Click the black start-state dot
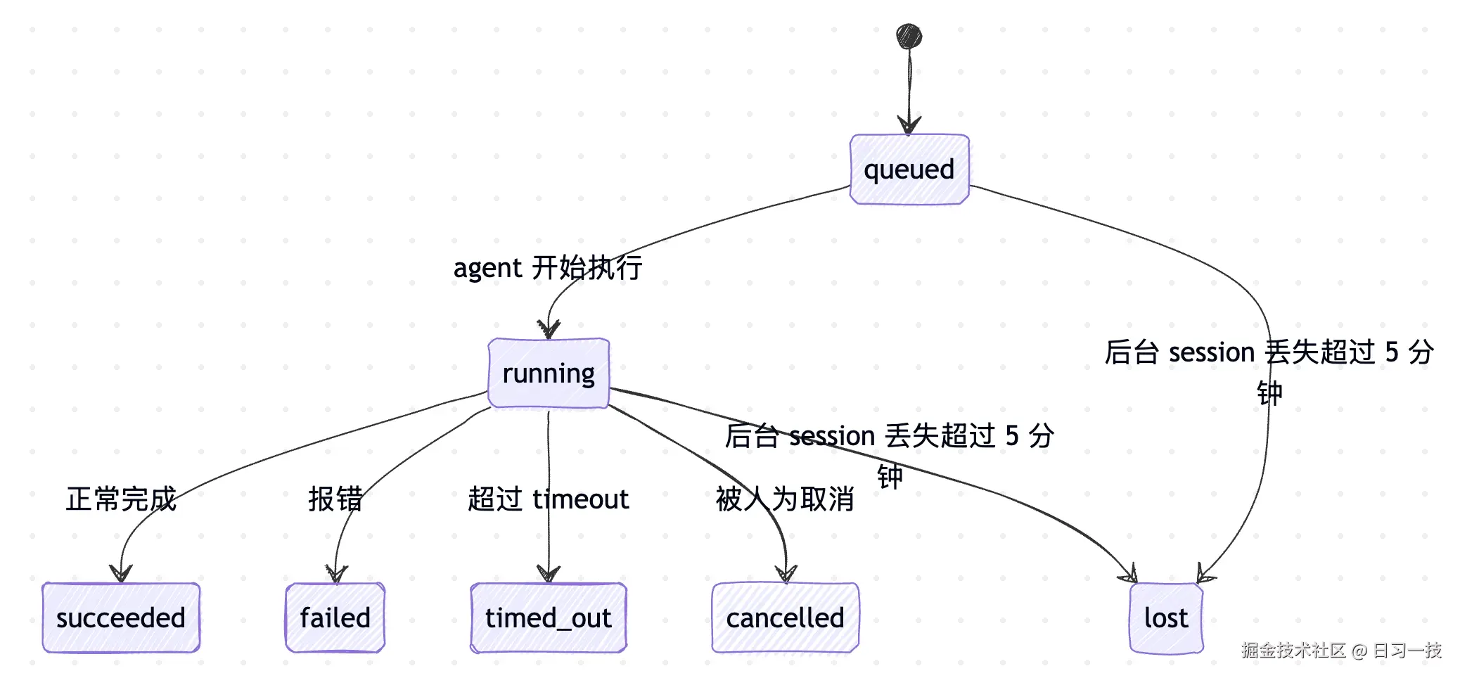[x=909, y=37]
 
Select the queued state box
[x=909, y=169]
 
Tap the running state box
[x=549, y=373]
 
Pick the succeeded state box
[x=121, y=618]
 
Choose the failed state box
[x=335, y=618]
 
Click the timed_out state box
[x=549, y=618]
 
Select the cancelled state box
[x=785, y=618]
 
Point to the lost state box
[x=1166, y=618]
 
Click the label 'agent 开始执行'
[x=548, y=268]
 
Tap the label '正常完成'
[x=121, y=499]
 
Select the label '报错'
[x=335, y=499]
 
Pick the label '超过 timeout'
[x=549, y=499]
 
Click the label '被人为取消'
[x=785, y=499]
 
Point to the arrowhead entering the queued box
[x=909, y=125]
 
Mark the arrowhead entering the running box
[x=549, y=329]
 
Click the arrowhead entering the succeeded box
[x=121, y=573]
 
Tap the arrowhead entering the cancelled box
[x=786, y=573]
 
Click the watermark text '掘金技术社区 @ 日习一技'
[x=1341, y=650]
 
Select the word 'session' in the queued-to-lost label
[x=1212, y=352]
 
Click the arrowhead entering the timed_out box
[x=549, y=573]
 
